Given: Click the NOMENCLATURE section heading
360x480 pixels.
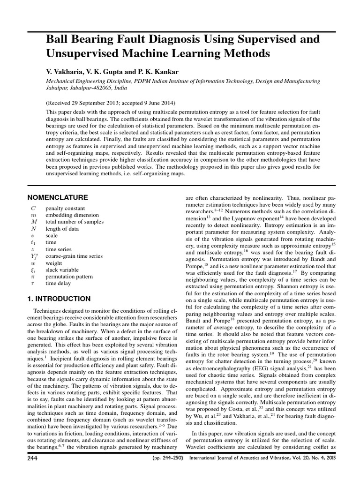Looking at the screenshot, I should pos(57,197).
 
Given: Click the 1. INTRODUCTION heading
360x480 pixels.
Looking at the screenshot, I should pos(58,298).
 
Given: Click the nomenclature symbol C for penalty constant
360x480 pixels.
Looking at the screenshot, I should pos(33,207).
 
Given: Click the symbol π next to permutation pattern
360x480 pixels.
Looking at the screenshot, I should pos(32,277).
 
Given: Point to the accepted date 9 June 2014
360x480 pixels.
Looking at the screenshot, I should pos(156,103).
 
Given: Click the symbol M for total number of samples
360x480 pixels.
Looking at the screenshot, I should pos(33,221).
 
